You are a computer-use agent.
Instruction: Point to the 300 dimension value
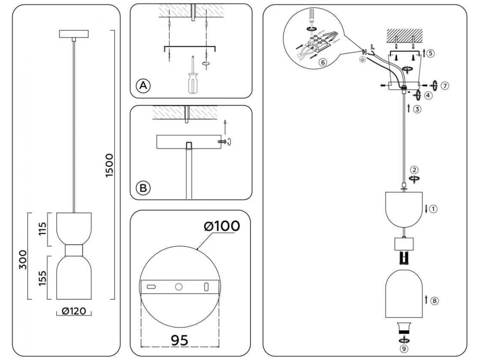[x=22, y=260]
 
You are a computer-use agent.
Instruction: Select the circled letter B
[x=143, y=187]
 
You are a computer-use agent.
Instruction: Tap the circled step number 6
[x=322, y=62]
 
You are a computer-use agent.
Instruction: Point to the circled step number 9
[x=405, y=348]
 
